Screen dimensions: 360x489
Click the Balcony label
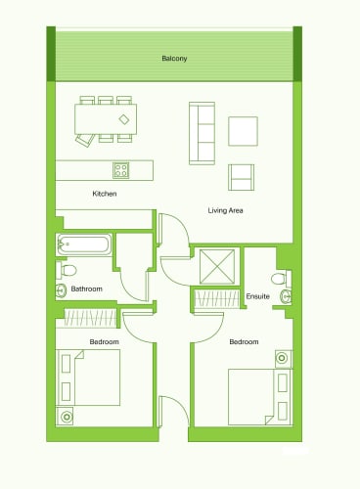click(x=174, y=59)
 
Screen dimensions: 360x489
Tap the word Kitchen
click(x=105, y=194)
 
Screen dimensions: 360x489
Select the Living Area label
click(x=225, y=210)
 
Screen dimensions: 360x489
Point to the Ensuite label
click(x=257, y=296)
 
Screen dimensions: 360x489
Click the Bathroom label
click(x=86, y=289)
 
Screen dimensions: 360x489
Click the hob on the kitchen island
click(x=121, y=170)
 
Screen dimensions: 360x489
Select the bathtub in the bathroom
click(x=84, y=244)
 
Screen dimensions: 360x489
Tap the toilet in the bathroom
click(x=67, y=270)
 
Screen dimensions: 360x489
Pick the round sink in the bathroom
click(x=61, y=290)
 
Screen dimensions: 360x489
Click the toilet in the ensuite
click(x=281, y=279)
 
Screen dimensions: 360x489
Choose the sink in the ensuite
click(x=286, y=296)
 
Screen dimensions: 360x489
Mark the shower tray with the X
click(x=217, y=267)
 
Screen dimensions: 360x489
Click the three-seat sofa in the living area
click(x=202, y=133)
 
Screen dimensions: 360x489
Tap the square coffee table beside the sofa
click(x=243, y=131)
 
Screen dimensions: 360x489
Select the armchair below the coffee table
click(x=241, y=177)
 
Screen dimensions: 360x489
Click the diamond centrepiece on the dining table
click(x=124, y=119)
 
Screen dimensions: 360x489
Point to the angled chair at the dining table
click(x=85, y=141)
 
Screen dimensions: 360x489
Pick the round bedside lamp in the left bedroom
click(x=67, y=417)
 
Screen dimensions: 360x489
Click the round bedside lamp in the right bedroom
click(x=282, y=358)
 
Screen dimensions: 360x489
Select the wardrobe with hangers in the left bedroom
click(x=90, y=318)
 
